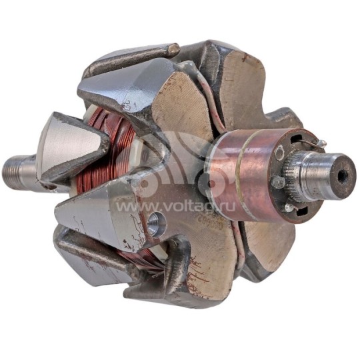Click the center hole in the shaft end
[x=343, y=176]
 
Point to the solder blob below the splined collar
[x=288, y=208]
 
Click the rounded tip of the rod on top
[x=172, y=49]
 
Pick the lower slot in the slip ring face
[x=298, y=212]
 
